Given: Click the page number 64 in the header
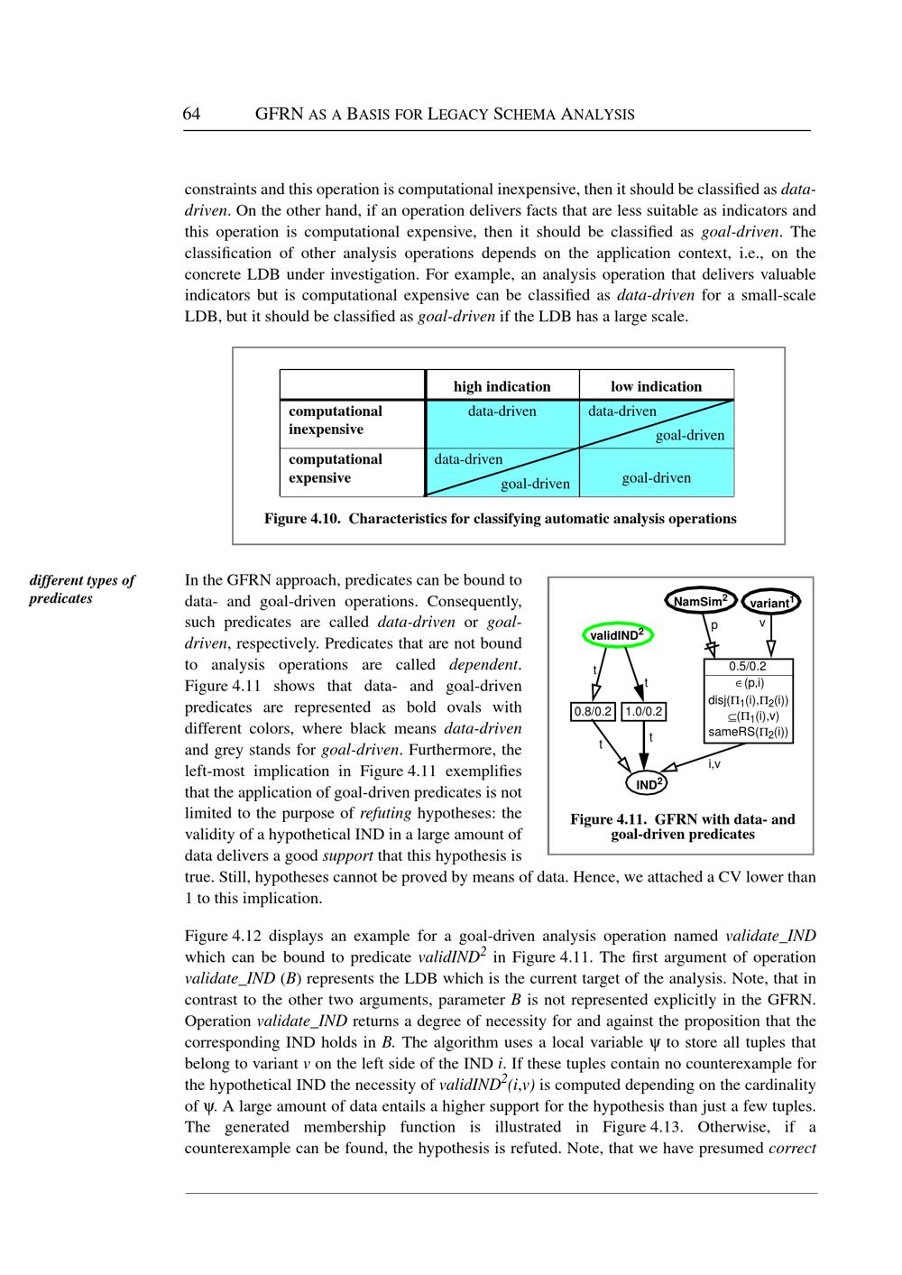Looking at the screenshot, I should [x=191, y=114].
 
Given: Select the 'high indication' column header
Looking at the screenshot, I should [x=502, y=386].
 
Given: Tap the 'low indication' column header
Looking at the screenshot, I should [x=656, y=386].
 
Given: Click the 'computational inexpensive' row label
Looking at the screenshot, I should [x=336, y=420].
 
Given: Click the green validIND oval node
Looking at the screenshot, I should [x=617, y=635].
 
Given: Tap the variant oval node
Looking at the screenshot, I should [x=770, y=602].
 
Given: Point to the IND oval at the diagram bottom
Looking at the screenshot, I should [x=649, y=784].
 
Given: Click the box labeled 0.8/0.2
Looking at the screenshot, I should [x=593, y=712].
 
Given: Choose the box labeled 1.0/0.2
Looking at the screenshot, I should [x=644, y=712].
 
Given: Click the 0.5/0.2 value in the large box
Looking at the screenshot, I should [x=748, y=668].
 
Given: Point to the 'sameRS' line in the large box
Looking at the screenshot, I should [x=748, y=732].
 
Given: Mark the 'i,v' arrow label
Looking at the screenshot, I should [x=714, y=764].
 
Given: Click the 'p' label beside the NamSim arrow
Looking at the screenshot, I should [x=713, y=624].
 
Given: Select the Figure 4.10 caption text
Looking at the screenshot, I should [x=500, y=519].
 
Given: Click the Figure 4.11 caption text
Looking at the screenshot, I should [x=682, y=827].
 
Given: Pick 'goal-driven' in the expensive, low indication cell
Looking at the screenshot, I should [x=656, y=477].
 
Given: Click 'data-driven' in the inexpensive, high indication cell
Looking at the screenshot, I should [x=502, y=411].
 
